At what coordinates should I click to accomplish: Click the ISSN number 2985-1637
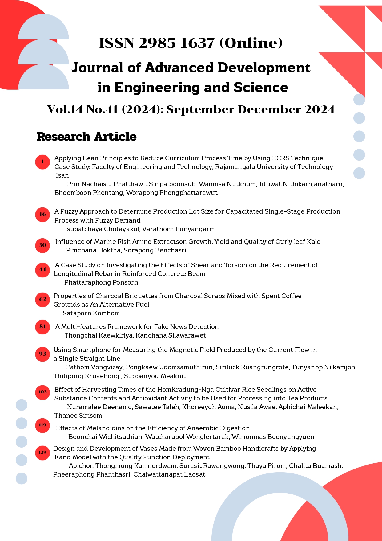(x=176, y=43)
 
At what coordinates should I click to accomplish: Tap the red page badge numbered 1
(x=42, y=162)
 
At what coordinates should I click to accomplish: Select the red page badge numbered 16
(x=42, y=215)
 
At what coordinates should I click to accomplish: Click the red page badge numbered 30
(x=42, y=245)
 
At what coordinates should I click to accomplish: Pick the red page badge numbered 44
(x=42, y=270)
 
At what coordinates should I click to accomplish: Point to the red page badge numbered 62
(x=42, y=300)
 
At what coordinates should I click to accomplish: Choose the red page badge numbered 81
(x=42, y=327)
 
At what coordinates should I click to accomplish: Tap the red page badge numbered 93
(x=42, y=354)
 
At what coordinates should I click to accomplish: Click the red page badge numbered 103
(x=42, y=392)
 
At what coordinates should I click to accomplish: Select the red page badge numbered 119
(x=42, y=425)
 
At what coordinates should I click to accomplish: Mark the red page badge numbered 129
(x=42, y=453)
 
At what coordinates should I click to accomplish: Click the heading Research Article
(x=86, y=137)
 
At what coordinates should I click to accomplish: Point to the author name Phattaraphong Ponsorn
(x=101, y=282)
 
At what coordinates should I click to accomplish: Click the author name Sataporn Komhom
(x=91, y=313)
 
